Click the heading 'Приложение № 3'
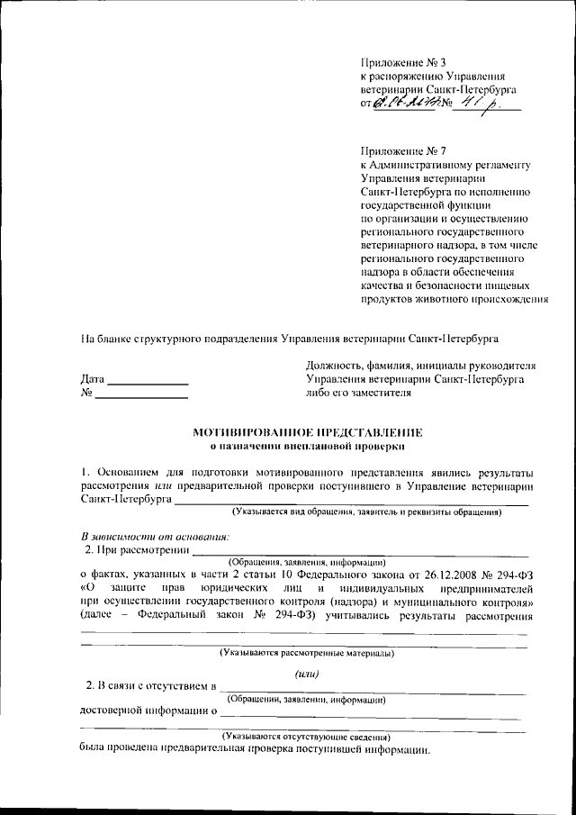pyautogui.click(x=403, y=62)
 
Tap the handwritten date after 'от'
pyautogui.click(x=410, y=106)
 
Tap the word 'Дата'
pyautogui.click(x=93, y=379)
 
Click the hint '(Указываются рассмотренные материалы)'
pyautogui.click(x=307, y=652)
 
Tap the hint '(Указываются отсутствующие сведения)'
pyautogui.click(x=307, y=736)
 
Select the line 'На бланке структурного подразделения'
pyautogui.click(x=289, y=340)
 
